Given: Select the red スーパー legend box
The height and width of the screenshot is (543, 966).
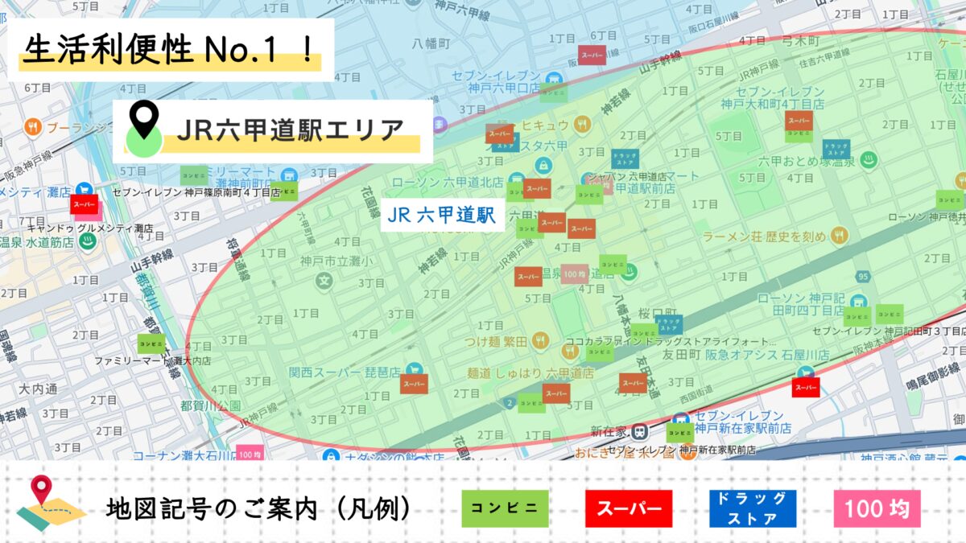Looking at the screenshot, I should click(x=629, y=508).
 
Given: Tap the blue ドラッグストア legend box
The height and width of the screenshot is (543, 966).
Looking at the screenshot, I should click(x=753, y=508).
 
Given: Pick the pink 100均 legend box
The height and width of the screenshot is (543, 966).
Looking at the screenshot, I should click(x=877, y=508).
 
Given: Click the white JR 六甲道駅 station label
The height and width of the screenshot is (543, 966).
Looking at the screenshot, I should click(x=440, y=215).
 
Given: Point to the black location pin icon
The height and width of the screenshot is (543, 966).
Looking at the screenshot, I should click(x=144, y=119).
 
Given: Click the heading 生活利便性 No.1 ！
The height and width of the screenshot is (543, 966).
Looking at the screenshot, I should click(x=169, y=50).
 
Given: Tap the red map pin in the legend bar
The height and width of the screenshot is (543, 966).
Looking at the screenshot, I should click(x=41, y=490).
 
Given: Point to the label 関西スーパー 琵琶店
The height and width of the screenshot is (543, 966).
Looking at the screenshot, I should click(x=345, y=372).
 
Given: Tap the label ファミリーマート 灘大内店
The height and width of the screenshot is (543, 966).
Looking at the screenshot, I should click(x=153, y=361).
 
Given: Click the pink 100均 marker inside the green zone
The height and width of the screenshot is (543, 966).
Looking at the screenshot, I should click(x=575, y=274).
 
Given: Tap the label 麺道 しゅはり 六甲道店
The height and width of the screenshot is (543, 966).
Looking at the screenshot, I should click(x=530, y=373).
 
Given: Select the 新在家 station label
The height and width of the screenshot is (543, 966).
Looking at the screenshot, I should click(x=609, y=430).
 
